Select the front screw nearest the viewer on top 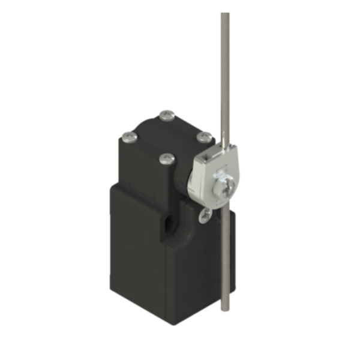(x=168, y=159)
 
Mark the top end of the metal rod (x=224, y=14)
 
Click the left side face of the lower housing (x=135, y=252)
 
